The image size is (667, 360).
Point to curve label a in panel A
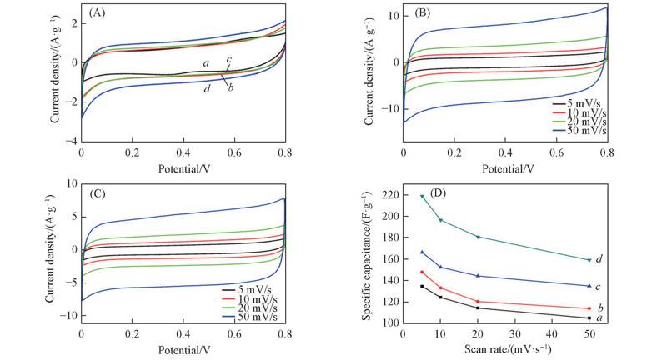pos(205,64)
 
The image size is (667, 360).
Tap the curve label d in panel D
pos(599,259)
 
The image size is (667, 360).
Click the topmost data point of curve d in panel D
pos(422,197)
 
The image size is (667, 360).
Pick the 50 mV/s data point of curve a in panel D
pos(589,317)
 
